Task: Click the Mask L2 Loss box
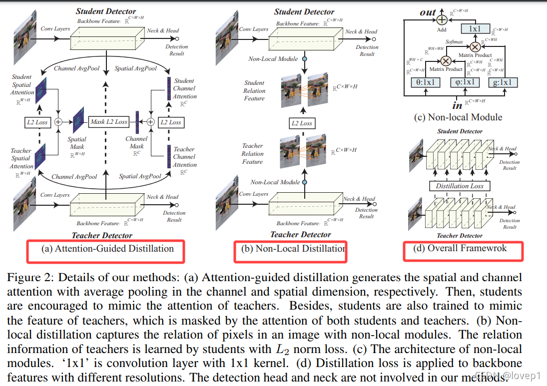(x=109, y=121)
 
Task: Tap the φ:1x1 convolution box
(x=465, y=82)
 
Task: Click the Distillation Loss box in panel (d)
(x=460, y=186)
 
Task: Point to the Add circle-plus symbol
(x=441, y=19)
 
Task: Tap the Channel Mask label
(x=136, y=143)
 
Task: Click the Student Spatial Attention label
(x=22, y=84)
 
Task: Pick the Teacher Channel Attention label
(x=184, y=157)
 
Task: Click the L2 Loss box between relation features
(x=302, y=123)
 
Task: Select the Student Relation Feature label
(x=254, y=90)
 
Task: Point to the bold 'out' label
(x=428, y=11)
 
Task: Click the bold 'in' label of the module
(x=457, y=105)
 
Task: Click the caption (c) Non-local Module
(x=458, y=117)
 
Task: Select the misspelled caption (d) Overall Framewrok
(x=460, y=248)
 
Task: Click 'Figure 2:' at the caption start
(x=27, y=278)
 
